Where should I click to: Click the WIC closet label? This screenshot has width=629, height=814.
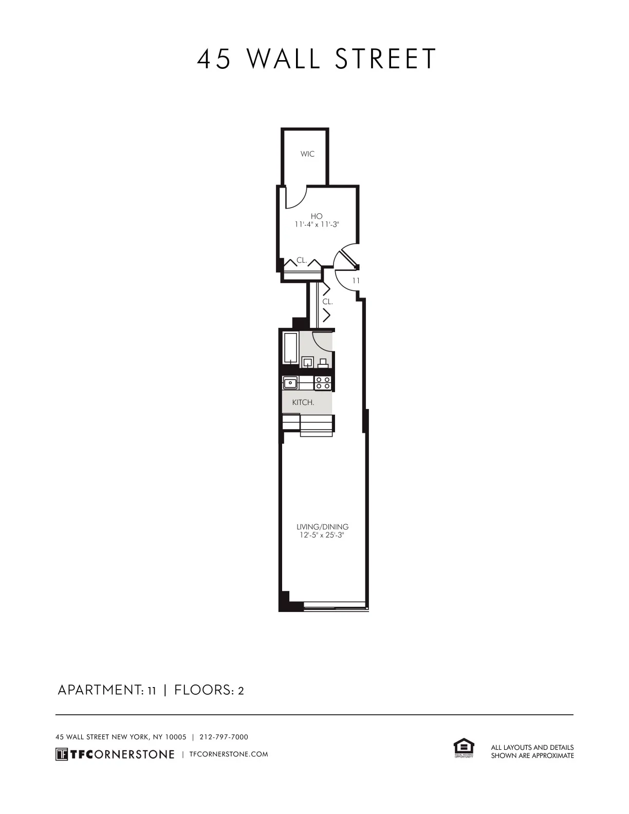pos(307,154)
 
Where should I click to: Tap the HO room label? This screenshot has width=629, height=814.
pos(317,216)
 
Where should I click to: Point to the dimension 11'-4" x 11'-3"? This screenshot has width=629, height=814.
pos(317,225)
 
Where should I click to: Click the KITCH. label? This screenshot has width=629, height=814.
pos(303,402)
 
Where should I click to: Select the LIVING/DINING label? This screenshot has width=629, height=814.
pos(322,527)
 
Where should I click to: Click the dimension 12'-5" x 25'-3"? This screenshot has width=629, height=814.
pos(322,535)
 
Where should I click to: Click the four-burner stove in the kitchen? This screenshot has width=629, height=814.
pos(323,382)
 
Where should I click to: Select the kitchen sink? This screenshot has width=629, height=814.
pos(290,382)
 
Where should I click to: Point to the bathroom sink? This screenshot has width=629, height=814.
pos(308,362)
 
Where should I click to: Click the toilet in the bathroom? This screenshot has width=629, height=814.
pos(324,363)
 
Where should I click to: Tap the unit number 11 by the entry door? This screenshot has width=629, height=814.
pos(356,281)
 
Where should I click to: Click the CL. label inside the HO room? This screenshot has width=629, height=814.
pos(302,261)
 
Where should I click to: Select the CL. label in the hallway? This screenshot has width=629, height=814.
pos(328,302)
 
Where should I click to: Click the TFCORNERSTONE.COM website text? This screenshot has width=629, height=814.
pos(229,754)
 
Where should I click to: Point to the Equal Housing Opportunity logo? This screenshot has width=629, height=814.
pos(464,748)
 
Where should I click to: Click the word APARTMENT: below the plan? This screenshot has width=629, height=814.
pos(98,690)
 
